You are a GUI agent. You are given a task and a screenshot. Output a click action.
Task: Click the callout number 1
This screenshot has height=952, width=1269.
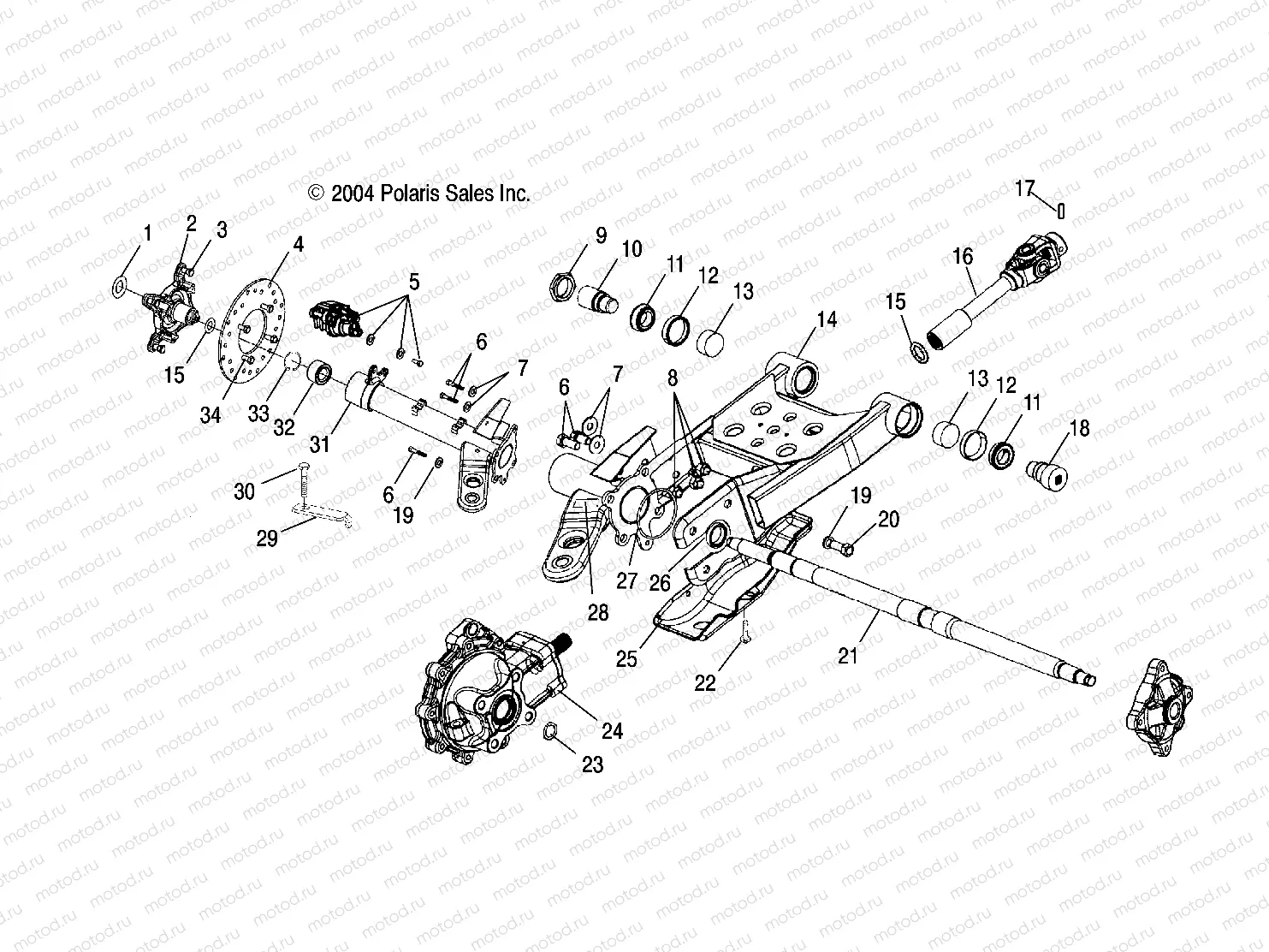pos(147,233)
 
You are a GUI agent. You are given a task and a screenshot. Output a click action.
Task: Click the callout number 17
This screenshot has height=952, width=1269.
pos(1025,188)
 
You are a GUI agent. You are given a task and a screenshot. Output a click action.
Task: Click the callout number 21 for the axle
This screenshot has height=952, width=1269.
pos(848,656)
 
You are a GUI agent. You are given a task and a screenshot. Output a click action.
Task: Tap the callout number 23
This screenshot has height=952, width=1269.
pos(592,764)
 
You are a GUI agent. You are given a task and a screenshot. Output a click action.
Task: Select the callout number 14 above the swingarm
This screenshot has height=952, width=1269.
pos(827,321)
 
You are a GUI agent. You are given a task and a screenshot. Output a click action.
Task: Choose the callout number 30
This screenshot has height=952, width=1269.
pos(244,491)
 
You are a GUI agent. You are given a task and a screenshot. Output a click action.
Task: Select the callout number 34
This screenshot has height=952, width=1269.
pos(211,415)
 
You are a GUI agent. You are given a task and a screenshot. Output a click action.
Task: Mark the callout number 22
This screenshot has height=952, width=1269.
pos(704,682)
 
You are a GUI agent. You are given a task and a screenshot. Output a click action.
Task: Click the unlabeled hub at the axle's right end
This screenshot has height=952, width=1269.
pos(1156,707)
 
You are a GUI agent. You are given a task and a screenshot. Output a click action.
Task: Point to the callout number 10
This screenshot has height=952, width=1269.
pos(632,250)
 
